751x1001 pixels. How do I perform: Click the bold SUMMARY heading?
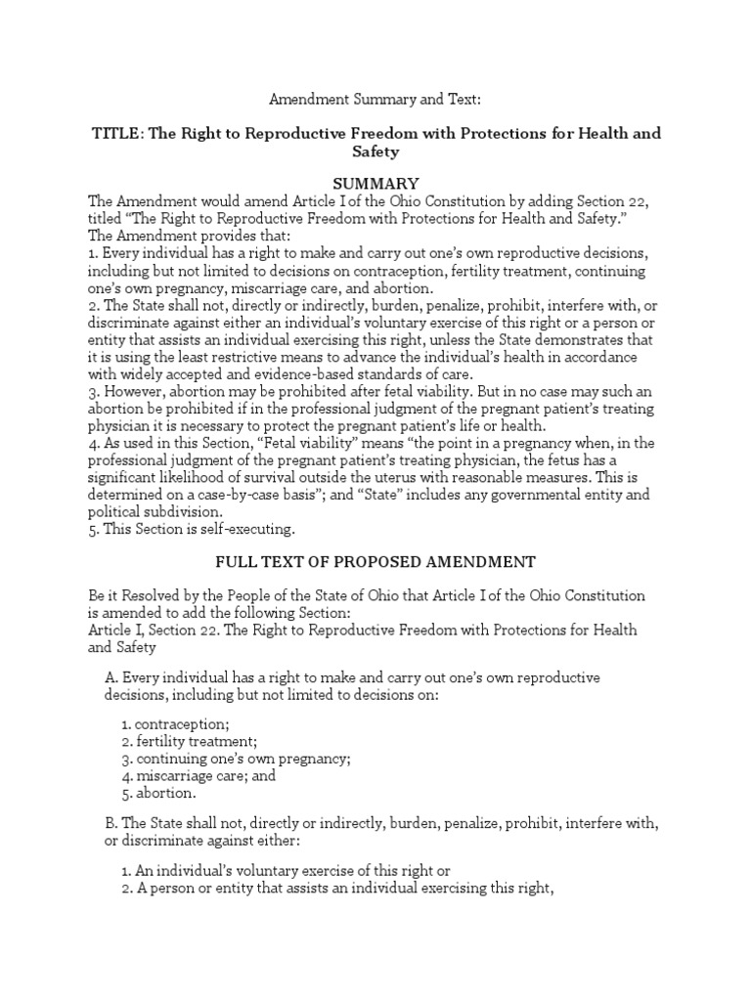coord(375,184)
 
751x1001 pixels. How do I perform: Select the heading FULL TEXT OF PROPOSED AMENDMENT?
coord(375,562)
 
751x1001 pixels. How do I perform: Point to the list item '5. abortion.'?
coord(159,793)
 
